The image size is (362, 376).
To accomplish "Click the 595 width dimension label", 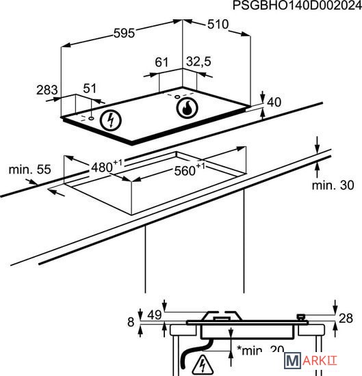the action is coord(124,33).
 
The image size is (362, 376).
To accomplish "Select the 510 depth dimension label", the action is coord(218,24).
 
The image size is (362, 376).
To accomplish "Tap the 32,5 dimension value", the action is coord(198,62).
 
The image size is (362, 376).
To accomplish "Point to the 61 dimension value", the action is coord(161,62).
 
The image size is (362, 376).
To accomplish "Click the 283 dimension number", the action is coord(47,90).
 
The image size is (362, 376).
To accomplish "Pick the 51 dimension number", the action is coord(90,88).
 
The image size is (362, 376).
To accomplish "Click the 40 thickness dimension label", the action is coord(274,102).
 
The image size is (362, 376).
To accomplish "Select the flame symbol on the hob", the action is coord(187,108).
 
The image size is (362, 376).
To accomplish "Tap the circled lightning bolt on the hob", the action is coord(111,120).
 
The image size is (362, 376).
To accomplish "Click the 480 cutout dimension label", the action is coord(107,166).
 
